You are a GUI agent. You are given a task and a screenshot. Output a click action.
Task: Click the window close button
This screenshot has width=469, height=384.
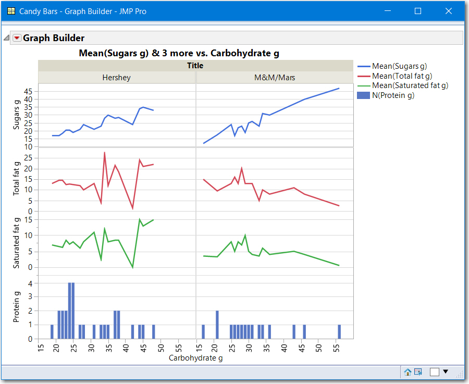click(448, 11)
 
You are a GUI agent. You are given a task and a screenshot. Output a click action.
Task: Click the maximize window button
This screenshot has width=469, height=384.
click(417, 11)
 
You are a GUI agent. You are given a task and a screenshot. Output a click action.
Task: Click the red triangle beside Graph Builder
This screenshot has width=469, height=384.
click(17, 38)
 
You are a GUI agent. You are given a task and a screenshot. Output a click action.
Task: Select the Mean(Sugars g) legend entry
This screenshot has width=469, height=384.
click(399, 66)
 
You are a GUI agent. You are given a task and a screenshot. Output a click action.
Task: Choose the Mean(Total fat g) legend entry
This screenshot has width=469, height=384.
click(402, 76)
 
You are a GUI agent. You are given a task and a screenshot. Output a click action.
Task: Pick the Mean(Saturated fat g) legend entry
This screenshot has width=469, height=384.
click(410, 85)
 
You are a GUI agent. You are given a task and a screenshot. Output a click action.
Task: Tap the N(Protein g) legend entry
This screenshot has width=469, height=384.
click(393, 95)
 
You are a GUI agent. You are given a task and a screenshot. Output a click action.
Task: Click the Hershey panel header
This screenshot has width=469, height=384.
click(116, 78)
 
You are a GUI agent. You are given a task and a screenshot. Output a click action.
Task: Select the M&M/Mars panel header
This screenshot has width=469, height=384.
click(274, 78)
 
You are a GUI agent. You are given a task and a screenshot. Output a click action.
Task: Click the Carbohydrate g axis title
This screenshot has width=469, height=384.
click(196, 358)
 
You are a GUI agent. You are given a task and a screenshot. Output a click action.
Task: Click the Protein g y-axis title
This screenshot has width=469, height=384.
click(16, 307)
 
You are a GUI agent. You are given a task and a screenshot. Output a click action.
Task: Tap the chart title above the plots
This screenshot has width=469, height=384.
click(183, 53)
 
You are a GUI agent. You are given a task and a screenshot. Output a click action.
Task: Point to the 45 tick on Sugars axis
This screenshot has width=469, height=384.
click(29, 91)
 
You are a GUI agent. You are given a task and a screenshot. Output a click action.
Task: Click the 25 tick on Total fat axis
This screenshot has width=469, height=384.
click(29, 158)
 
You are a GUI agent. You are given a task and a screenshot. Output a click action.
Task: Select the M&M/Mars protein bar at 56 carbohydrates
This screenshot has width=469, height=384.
click(339, 332)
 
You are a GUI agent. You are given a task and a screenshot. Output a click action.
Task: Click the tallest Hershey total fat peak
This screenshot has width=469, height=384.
click(105, 153)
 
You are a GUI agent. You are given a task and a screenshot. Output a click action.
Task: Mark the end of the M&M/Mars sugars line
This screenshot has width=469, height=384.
click(339, 89)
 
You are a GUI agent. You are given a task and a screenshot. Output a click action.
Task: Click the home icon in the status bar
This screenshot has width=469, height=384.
click(408, 371)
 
